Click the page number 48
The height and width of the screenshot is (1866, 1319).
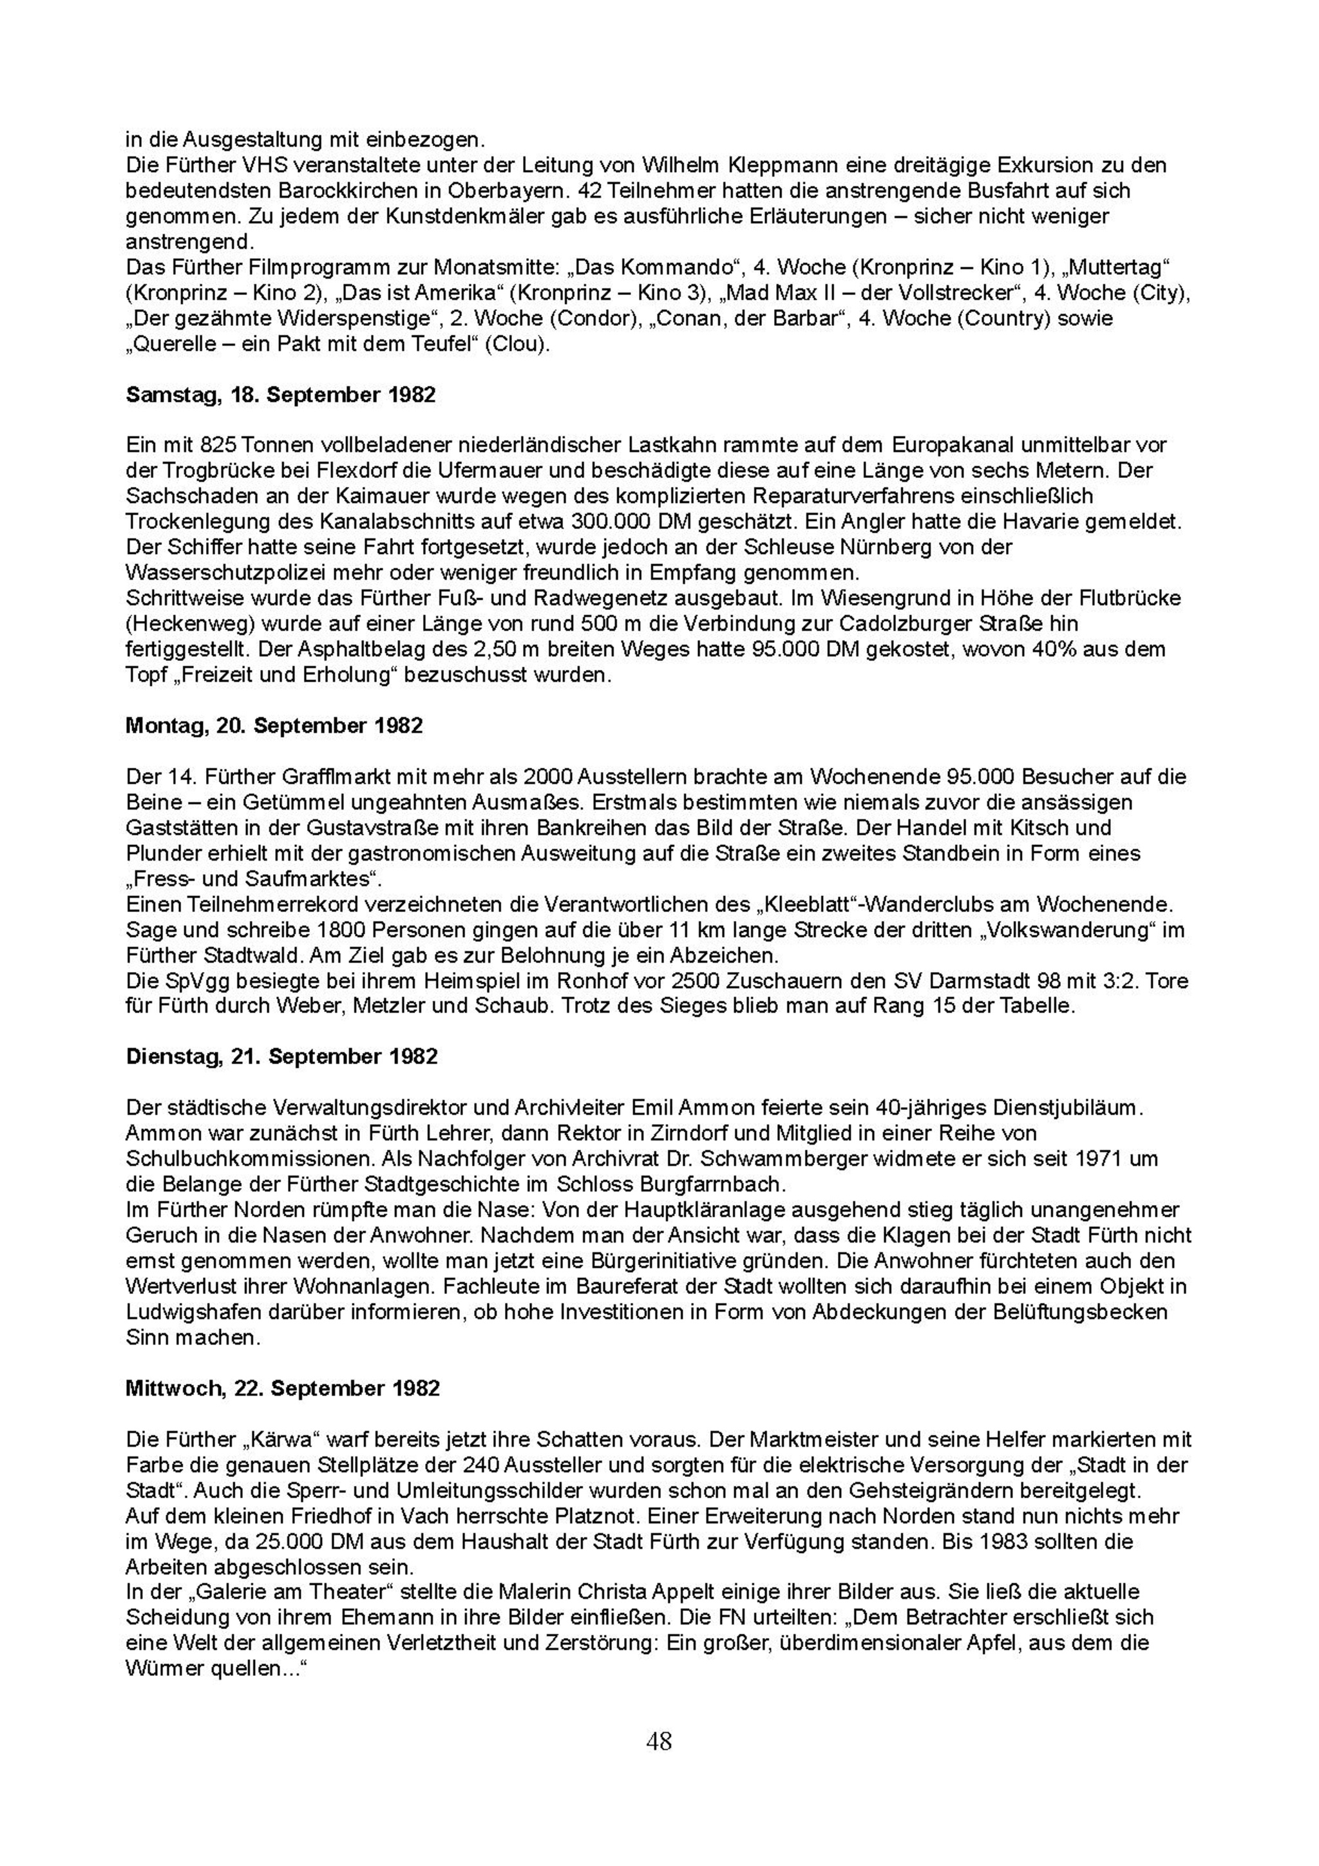[x=659, y=1742]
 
